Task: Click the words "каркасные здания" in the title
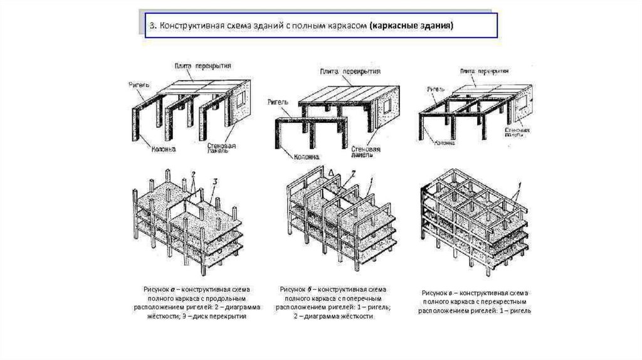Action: pos(412,27)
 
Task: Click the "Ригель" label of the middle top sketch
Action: pos(277,100)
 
